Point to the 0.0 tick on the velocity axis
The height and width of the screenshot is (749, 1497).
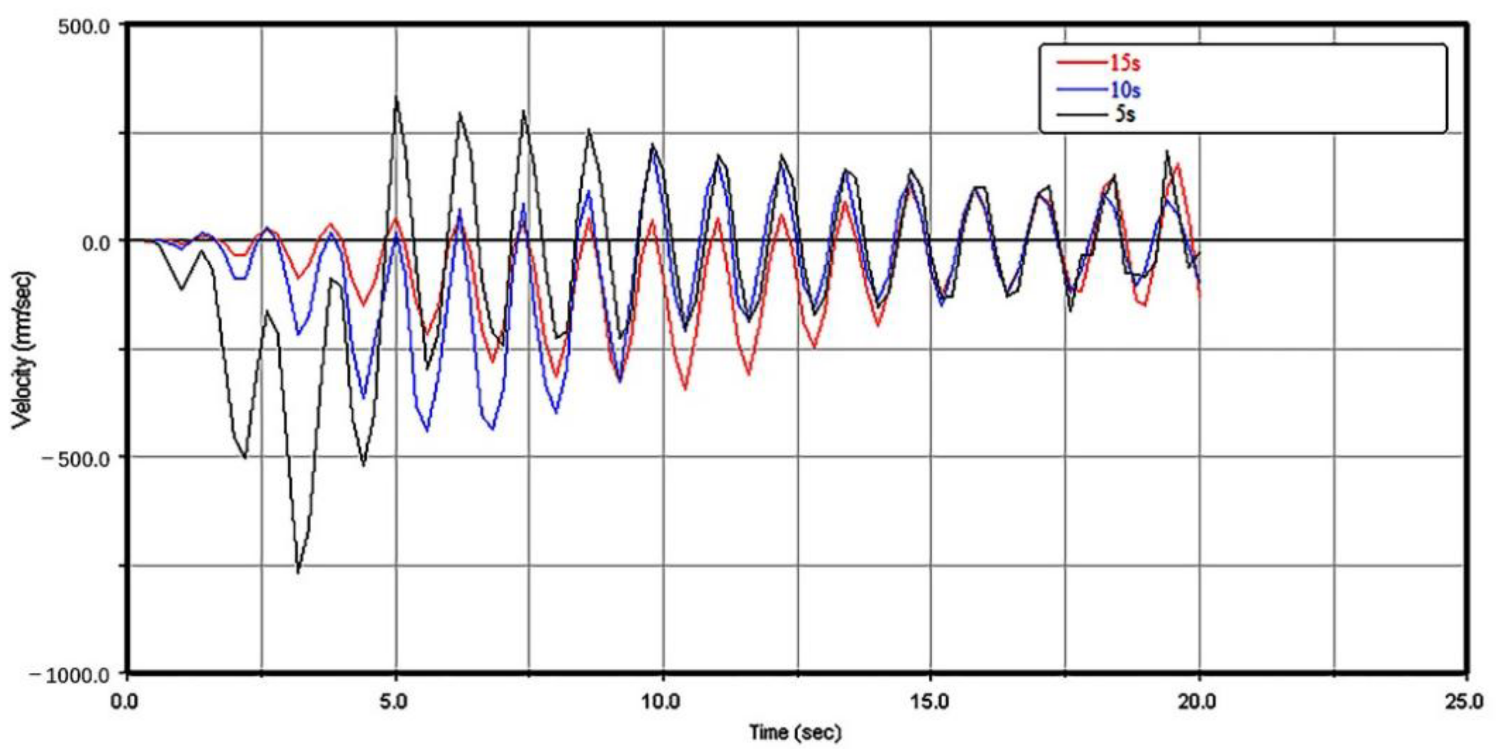pyautogui.click(x=95, y=242)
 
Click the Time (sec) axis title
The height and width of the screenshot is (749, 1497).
pyautogui.click(x=795, y=731)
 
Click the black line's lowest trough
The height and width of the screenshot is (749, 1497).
pyautogui.click(x=298, y=572)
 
